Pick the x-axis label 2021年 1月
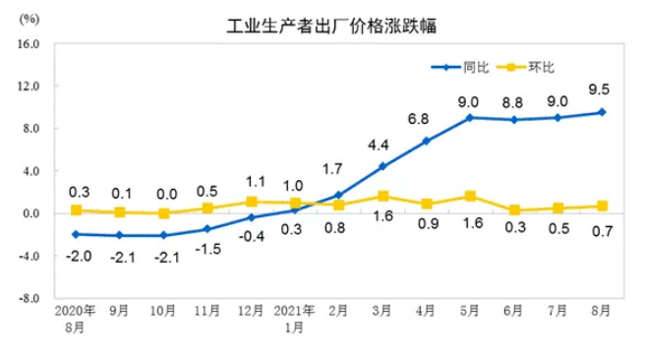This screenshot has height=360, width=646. pyautogui.click(x=293, y=319)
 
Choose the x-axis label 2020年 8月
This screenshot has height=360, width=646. pyautogui.click(x=76, y=319)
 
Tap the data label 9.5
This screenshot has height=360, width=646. pyautogui.click(x=596, y=90)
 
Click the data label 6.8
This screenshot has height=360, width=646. pyautogui.click(x=424, y=118)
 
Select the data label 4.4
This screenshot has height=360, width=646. pyautogui.click(x=381, y=145)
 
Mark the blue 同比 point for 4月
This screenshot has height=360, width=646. pyautogui.click(x=426, y=141)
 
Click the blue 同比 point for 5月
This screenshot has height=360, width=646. pyautogui.click(x=469, y=117)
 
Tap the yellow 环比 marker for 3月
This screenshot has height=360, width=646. pyautogui.click(x=382, y=196)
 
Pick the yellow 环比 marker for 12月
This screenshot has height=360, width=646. pyautogui.click(x=251, y=202)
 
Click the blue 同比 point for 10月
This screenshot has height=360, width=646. pyautogui.click(x=163, y=235)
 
